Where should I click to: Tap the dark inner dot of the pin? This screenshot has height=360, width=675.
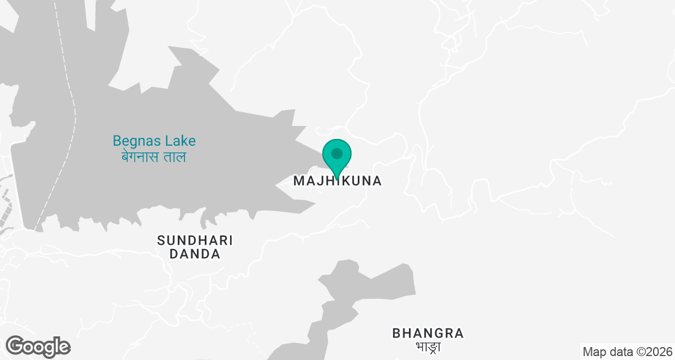click(337, 153)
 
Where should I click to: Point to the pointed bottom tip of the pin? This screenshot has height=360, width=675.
click(337, 178)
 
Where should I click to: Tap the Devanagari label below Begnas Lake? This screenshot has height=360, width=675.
click(154, 157)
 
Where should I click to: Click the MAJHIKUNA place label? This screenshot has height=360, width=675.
click(337, 181)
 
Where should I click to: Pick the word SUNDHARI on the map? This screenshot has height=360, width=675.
click(195, 241)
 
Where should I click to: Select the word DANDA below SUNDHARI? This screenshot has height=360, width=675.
click(195, 254)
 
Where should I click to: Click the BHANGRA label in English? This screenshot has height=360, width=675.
click(429, 333)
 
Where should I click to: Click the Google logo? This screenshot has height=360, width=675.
click(38, 346)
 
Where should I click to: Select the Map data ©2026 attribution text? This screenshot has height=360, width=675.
click(627, 352)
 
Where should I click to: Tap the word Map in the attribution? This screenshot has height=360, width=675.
click(593, 352)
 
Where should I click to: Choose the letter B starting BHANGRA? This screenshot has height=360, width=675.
click(397, 333)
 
